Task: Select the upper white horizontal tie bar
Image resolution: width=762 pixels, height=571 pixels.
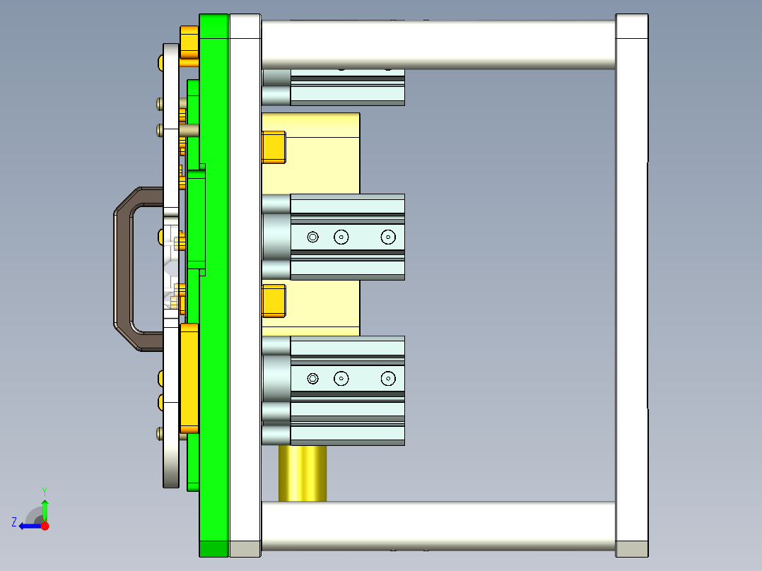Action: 438,44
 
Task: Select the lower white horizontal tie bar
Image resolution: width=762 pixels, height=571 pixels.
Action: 438,526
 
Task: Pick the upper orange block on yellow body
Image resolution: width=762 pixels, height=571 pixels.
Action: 274,147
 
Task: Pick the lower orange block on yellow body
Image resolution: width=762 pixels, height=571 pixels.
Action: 274,300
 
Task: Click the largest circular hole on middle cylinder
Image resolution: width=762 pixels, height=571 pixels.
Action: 387,237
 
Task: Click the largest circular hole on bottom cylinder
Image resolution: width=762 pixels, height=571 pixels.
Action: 387,379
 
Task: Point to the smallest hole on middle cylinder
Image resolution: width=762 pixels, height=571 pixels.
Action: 313,237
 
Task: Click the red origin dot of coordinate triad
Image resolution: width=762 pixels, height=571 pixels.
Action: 45,526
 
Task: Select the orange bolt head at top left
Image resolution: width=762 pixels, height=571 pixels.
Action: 189,42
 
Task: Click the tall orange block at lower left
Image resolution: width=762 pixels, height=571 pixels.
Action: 189,378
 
